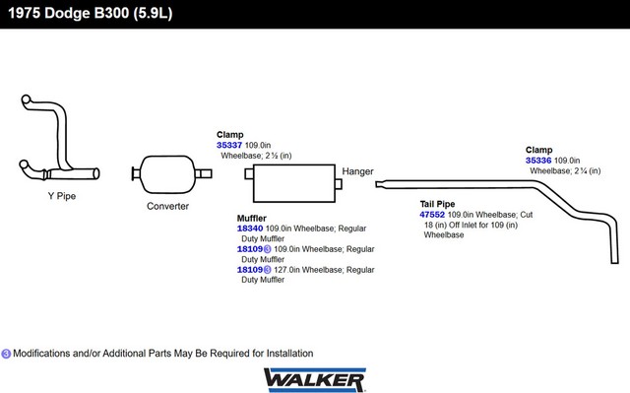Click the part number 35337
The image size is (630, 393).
[x=229, y=145]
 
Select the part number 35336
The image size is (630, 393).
[x=538, y=161]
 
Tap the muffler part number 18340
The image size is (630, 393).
[x=250, y=229]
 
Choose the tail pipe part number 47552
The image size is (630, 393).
[x=432, y=215]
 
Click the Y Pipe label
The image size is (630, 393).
[x=62, y=196]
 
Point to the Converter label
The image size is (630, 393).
[x=167, y=206]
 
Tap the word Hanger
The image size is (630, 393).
[x=357, y=171]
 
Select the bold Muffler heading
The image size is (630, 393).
[x=252, y=219]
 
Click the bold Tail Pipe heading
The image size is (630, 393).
[x=437, y=204]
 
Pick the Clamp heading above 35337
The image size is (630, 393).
[x=229, y=135]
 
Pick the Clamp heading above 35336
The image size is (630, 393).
[x=538, y=150]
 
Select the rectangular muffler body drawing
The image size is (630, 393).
[x=294, y=183]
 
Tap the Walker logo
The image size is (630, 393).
[x=315, y=380]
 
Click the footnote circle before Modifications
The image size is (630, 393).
[x=6, y=354]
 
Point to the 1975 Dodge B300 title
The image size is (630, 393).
[x=91, y=13]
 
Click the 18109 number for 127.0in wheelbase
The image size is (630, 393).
[x=250, y=270]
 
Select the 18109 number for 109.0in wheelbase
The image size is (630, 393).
[x=250, y=249]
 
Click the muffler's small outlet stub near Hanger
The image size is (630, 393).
[x=339, y=184]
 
